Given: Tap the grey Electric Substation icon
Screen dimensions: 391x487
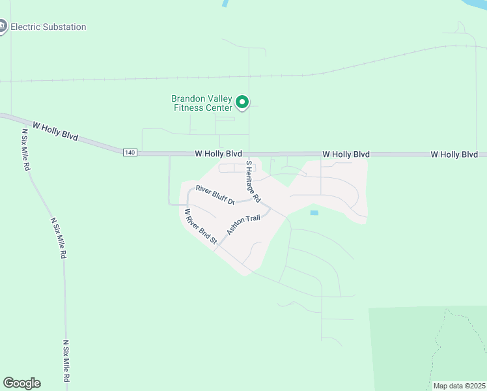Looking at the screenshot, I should [x=2, y=27].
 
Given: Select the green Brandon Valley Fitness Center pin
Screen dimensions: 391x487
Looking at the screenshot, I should [x=242, y=102].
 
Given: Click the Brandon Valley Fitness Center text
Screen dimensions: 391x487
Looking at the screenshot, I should [x=201, y=103].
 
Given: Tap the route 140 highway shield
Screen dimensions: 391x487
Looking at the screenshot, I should [x=130, y=152].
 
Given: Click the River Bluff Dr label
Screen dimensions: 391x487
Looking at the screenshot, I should [x=214, y=195].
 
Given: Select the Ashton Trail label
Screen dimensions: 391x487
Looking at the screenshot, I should [x=243, y=225].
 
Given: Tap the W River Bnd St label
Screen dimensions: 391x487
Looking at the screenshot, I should [x=201, y=227].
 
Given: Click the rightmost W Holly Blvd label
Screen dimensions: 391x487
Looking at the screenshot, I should [x=454, y=154].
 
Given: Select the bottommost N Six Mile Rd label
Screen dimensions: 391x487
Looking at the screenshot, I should [x=66, y=361].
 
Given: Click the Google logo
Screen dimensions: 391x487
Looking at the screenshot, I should [x=21, y=383].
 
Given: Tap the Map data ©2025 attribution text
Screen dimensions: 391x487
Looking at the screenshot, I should [x=459, y=386].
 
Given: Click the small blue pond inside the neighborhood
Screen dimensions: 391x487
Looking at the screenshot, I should [x=314, y=213].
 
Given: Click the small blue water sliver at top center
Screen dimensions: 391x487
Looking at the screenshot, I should [x=225, y=3].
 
